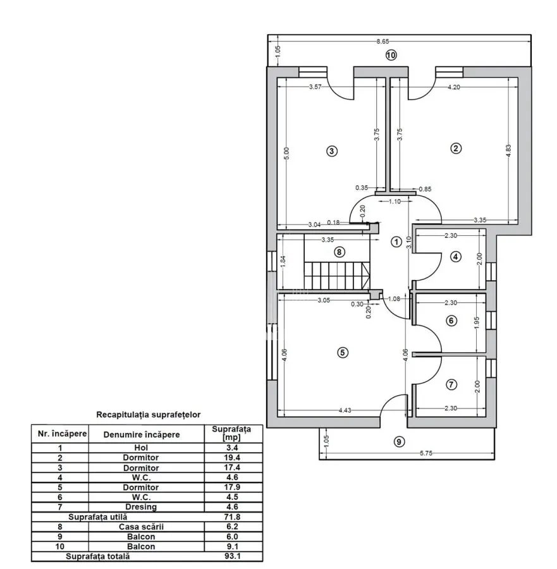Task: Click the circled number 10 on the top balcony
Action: pyautogui.click(x=391, y=55)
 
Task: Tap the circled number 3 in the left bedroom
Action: pyautogui.click(x=332, y=151)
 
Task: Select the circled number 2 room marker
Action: pyautogui.click(x=456, y=148)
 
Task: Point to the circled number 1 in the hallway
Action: pyautogui.click(x=396, y=242)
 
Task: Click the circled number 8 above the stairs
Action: pyautogui.click(x=340, y=252)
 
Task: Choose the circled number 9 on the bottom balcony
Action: pyautogui.click(x=399, y=442)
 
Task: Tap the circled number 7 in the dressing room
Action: pyautogui.click(x=451, y=384)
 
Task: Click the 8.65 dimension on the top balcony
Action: pyautogui.click(x=383, y=41)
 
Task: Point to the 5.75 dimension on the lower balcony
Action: pyautogui.click(x=426, y=453)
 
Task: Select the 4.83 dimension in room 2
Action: pyautogui.click(x=508, y=151)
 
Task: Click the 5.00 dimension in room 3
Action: pyautogui.click(x=286, y=154)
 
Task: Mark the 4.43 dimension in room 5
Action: pyautogui.click(x=345, y=410)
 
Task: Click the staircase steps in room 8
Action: pyautogui.click(x=337, y=276)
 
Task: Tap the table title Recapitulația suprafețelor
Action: pyautogui.click(x=149, y=414)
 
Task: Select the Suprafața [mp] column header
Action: pyautogui.click(x=231, y=433)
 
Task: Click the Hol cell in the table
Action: pyautogui.click(x=141, y=448)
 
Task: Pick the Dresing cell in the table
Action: pyautogui.click(x=141, y=507)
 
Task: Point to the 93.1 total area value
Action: pyautogui.click(x=232, y=556)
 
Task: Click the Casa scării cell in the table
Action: pyautogui.click(x=141, y=527)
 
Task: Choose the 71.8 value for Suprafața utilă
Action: pyautogui.click(x=232, y=517)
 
